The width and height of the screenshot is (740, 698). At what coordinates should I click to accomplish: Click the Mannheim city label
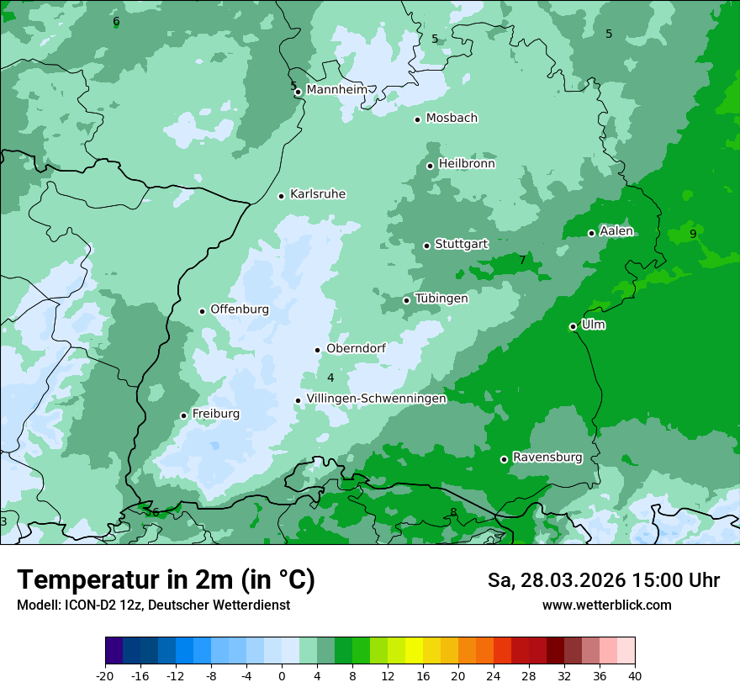point(337,89)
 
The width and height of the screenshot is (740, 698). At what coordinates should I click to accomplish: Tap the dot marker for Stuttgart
point(427,246)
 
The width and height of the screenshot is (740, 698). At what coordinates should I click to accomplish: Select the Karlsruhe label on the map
point(318,194)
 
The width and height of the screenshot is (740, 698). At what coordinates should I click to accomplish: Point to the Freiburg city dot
point(183,415)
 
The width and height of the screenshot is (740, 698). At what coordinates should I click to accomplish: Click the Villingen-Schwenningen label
point(377,399)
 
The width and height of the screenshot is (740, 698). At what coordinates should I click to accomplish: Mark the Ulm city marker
point(573,326)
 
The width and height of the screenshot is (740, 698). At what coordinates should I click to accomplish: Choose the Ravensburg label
point(547,457)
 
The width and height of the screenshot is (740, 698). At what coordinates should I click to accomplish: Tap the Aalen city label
point(616,231)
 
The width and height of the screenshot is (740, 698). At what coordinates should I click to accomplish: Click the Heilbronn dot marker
point(431,166)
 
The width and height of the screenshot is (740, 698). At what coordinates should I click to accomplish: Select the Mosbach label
point(452,118)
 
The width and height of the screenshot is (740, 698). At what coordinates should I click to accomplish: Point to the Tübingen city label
point(441,299)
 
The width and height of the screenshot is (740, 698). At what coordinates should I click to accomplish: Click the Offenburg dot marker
point(203,311)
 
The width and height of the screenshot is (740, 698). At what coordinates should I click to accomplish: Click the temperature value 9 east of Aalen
point(693,234)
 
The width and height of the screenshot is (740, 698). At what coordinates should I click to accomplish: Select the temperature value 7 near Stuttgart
point(522,261)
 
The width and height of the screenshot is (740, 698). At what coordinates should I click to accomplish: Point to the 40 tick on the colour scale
point(634,675)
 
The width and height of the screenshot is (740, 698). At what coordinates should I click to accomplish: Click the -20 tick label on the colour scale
point(105,675)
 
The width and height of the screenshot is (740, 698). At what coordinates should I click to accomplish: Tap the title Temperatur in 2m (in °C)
point(166,580)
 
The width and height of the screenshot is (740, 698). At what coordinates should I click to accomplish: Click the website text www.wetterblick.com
point(606,605)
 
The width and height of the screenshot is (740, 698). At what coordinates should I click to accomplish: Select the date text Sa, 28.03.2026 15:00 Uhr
point(604,580)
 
